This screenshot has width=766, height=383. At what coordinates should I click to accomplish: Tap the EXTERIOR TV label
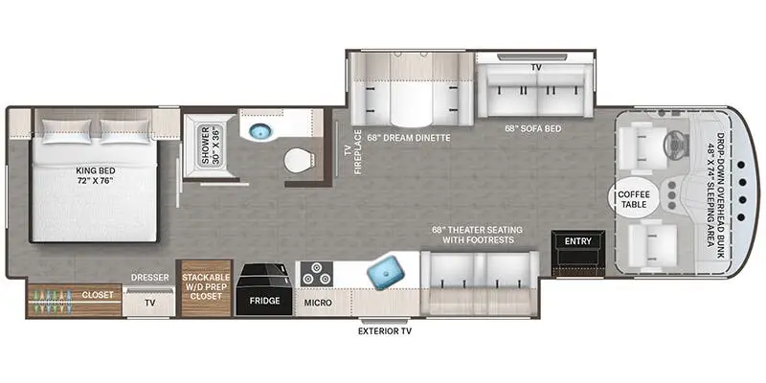point(384,332)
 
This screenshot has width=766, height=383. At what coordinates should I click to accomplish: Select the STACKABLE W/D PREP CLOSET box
point(205,286)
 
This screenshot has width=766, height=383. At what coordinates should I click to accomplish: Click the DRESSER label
point(150,277)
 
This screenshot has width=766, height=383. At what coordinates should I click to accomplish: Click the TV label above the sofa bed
point(536,69)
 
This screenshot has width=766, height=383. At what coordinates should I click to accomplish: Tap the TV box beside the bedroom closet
point(149,302)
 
